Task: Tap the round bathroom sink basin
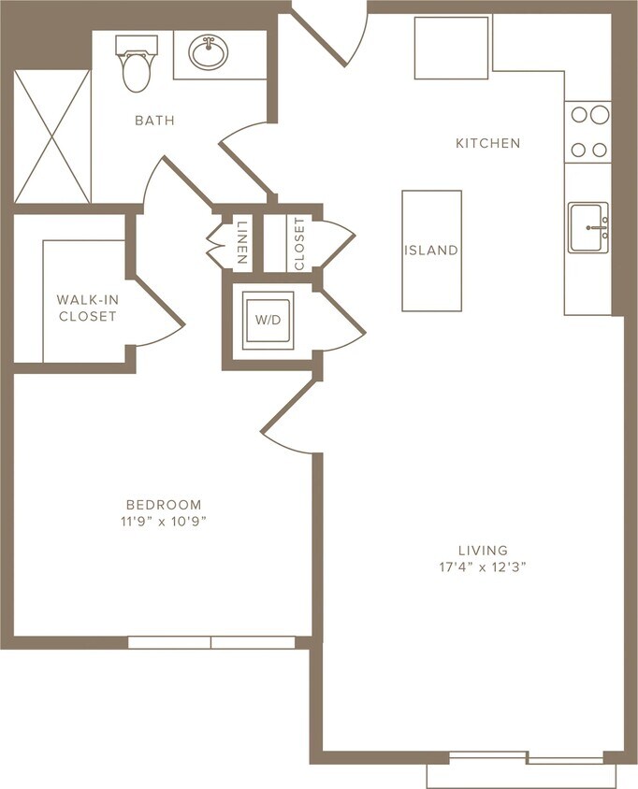pos(207,52)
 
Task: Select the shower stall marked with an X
pos(52,136)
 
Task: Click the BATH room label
pos(154,121)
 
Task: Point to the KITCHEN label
pos(487,143)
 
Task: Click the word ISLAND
pos(431,251)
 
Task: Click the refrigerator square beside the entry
pos(452,48)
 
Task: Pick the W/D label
pos(268,320)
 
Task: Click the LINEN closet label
pos(241,243)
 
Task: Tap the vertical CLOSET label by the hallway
pos(299,244)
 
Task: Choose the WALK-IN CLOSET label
pos(87,308)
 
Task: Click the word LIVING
pos(483,550)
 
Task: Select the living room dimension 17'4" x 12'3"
pos(483,567)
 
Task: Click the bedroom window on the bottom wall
pos(211,642)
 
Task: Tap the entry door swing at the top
pos(335,33)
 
